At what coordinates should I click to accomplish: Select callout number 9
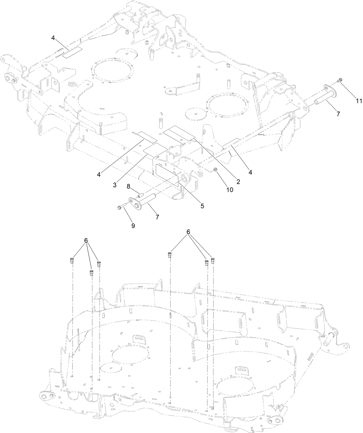(133, 226)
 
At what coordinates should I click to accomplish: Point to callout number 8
(129, 186)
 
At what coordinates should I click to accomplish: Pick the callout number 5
(202, 206)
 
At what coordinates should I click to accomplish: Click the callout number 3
(115, 185)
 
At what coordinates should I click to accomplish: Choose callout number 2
(238, 181)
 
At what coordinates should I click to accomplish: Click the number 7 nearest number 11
(338, 114)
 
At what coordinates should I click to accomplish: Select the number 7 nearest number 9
(157, 217)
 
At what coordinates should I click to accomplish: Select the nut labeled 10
(215, 169)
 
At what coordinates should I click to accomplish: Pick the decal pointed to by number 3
(155, 149)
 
